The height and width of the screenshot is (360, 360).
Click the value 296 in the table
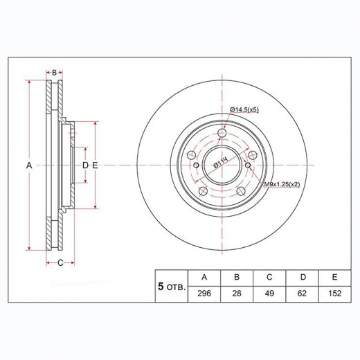[x=204, y=294]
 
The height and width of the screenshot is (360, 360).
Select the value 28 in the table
[x=237, y=294]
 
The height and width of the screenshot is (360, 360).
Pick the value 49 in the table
[x=269, y=294]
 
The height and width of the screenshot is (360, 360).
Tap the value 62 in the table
[x=302, y=294]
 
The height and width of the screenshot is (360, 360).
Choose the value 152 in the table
[x=334, y=294]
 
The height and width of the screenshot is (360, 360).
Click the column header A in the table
[x=204, y=277]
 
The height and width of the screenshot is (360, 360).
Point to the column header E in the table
[x=334, y=277]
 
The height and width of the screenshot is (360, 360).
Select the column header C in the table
[x=269, y=277]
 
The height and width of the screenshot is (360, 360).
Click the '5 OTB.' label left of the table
[x=171, y=286]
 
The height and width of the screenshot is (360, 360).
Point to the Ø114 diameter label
[x=216, y=165]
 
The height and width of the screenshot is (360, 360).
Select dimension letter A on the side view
[x=29, y=165]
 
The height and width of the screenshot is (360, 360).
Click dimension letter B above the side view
[x=55, y=71]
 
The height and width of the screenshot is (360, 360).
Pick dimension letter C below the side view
[x=60, y=262]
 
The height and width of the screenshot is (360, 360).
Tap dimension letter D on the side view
[x=86, y=165]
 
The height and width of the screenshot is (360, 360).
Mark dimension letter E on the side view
[x=95, y=165]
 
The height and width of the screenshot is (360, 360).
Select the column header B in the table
[x=237, y=277]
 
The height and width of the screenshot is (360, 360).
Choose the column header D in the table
[x=302, y=277]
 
